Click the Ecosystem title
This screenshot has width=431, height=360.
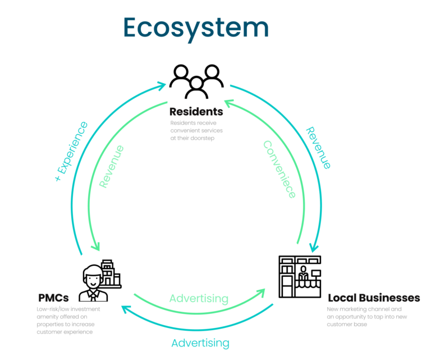(x=196, y=27)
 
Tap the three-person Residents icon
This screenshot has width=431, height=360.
(x=196, y=82)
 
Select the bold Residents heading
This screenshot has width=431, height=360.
(x=196, y=111)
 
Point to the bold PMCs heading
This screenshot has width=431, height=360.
(x=53, y=297)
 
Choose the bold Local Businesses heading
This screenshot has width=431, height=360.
(x=373, y=297)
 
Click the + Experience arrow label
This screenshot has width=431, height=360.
(x=71, y=151)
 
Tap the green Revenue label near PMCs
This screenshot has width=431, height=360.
(x=111, y=166)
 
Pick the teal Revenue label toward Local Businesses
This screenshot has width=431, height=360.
(x=318, y=148)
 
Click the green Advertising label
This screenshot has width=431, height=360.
(x=199, y=298)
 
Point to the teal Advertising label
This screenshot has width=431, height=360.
(x=200, y=343)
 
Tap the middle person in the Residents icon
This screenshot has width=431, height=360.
(x=196, y=87)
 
